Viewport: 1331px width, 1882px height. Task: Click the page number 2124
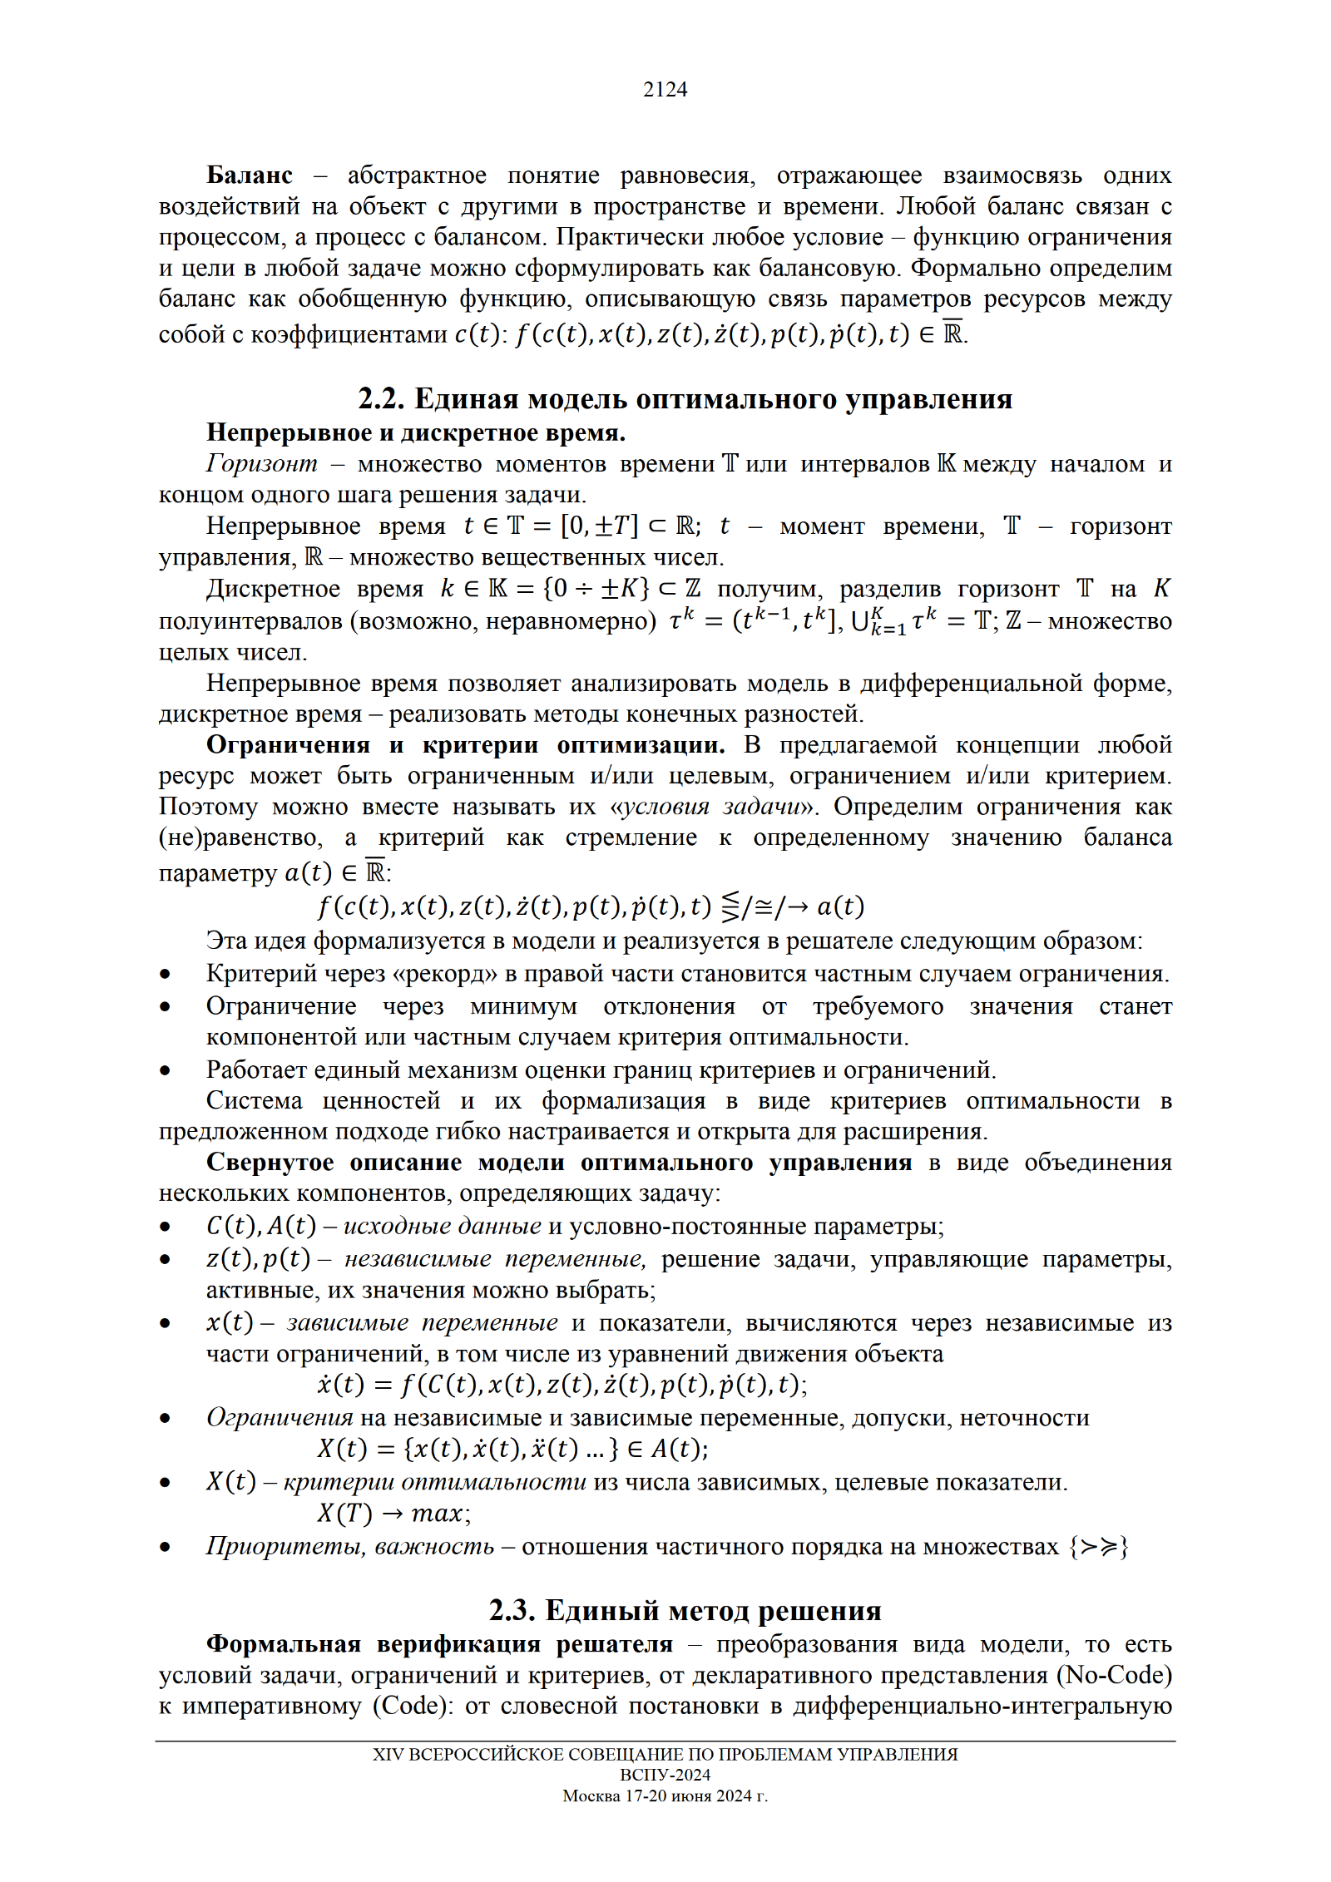(665, 89)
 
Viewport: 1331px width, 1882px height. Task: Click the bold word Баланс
(249, 175)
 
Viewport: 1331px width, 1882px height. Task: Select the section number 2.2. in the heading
(381, 399)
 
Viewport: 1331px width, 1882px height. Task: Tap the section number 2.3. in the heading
(512, 1611)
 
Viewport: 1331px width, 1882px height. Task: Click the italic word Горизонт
(261, 463)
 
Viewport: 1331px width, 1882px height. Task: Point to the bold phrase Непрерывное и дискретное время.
(416, 432)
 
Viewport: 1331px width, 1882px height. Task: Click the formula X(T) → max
(393, 1514)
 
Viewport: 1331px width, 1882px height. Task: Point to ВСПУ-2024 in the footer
(665, 1775)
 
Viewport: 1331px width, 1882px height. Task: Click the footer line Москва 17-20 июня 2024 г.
(665, 1796)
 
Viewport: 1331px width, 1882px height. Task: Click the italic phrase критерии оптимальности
(434, 1482)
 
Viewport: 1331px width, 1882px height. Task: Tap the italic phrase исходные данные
(442, 1226)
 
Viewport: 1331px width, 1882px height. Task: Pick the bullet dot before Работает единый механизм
(166, 1070)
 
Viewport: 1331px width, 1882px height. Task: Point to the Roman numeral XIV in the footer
(387, 1754)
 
